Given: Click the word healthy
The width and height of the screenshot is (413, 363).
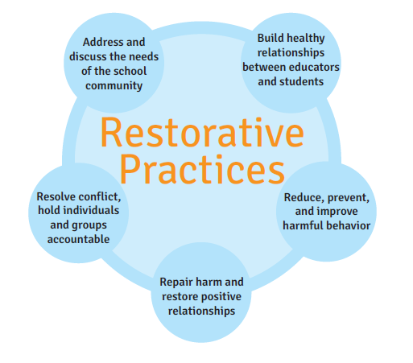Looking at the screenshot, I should [307, 38].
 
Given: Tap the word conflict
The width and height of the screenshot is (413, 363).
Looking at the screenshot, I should [101, 196].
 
